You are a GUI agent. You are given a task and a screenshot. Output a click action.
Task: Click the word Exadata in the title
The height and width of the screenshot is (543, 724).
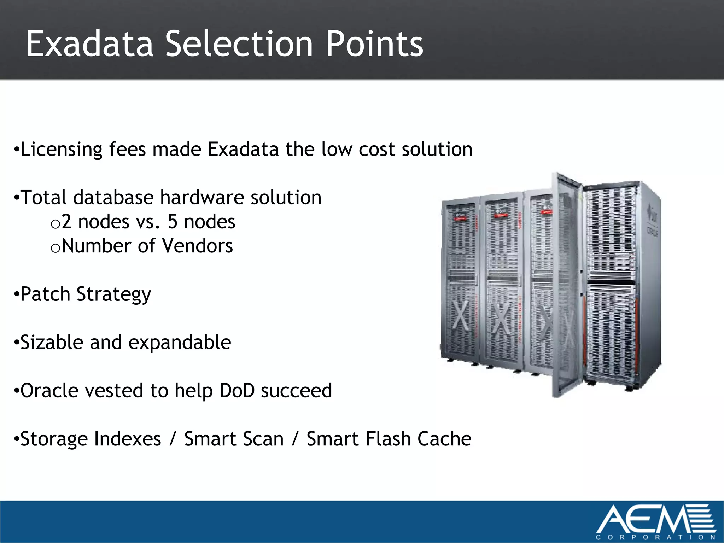pos(89,44)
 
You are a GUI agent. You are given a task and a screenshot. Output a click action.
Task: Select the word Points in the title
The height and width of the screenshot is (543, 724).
pos(374,44)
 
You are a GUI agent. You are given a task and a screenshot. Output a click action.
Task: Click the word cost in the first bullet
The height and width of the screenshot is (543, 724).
pos(377,150)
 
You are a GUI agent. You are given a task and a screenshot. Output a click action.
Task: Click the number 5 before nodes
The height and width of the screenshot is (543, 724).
pos(173,222)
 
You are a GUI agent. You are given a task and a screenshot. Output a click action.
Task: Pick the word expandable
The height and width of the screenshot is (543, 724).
pos(179,343)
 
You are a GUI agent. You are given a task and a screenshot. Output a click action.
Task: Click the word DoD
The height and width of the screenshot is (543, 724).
pos(237,391)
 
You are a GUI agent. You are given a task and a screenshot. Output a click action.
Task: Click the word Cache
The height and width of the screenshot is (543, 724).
pos(444,439)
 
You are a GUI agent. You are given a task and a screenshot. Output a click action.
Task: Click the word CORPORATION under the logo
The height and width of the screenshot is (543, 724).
pos(655,537)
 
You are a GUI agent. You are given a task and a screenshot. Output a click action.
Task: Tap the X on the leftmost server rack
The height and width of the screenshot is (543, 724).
pos(461,315)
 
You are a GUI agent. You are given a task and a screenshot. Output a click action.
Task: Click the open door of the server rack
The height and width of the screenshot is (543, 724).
pos(567,286)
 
